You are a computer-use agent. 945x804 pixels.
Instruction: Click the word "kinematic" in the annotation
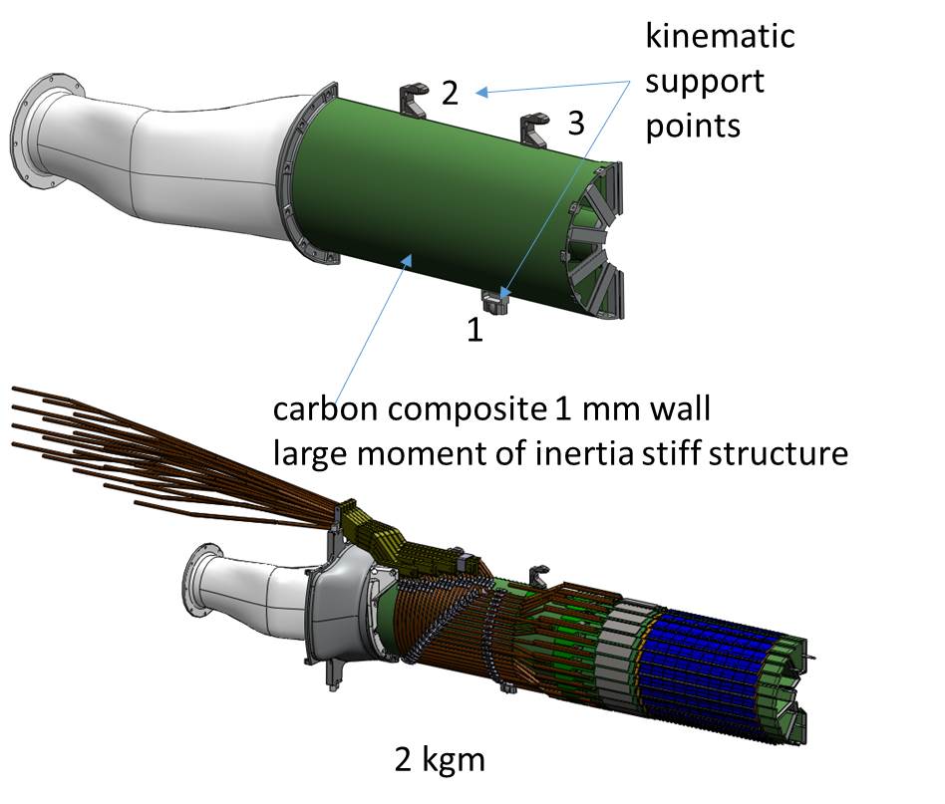point(720,36)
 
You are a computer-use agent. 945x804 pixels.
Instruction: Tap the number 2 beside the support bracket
point(450,94)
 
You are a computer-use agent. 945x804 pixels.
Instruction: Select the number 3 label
point(576,124)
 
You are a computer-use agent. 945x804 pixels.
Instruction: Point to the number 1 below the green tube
point(475,330)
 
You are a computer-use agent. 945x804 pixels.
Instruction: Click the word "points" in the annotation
point(693,127)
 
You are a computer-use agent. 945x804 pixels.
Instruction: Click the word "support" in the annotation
point(704,81)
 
